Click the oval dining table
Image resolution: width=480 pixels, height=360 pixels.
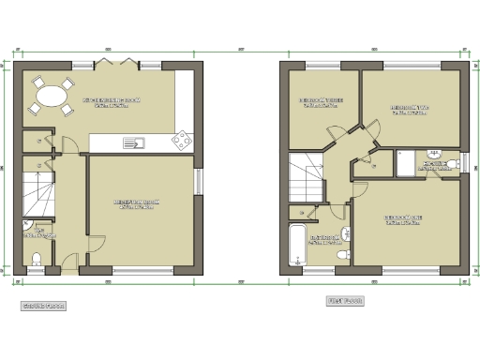point(52,96)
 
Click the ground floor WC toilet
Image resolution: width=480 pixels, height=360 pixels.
point(35,258)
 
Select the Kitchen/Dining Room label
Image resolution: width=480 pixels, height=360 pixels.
point(112,101)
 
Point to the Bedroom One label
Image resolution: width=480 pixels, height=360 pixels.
point(402,219)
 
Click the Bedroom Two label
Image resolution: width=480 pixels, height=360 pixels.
point(409,109)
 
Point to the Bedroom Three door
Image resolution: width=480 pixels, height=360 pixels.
point(333,136)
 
